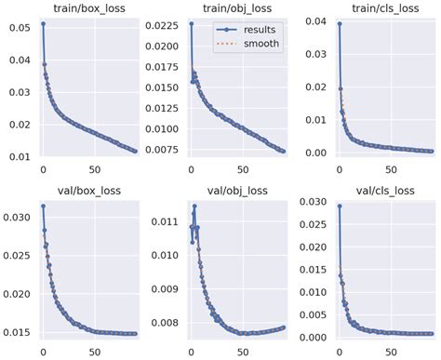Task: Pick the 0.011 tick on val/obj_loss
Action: click(x=165, y=221)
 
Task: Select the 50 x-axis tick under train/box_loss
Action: click(x=95, y=170)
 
